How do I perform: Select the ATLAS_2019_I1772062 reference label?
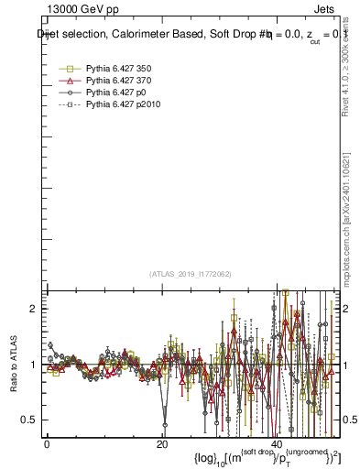(x=191, y=274)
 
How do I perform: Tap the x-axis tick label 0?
(x=47, y=444)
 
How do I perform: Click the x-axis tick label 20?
(x=162, y=444)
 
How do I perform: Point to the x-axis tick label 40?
(x=278, y=444)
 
